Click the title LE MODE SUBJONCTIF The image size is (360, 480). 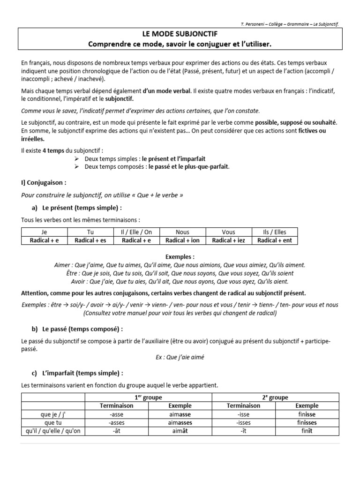(x=180, y=34)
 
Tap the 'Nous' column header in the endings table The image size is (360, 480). (x=182, y=232)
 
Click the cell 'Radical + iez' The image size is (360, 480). (x=229, y=240)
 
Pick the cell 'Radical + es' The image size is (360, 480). (x=90, y=240)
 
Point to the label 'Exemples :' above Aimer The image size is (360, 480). (x=180, y=257)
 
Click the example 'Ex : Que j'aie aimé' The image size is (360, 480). (x=180, y=357)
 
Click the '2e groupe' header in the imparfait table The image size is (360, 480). (x=276, y=397)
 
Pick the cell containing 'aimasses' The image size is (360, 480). (x=180, y=422)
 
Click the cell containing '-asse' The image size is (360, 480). (x=116, y=414)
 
